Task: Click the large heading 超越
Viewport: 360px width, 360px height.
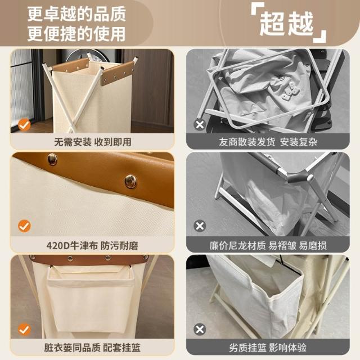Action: click(286, 24)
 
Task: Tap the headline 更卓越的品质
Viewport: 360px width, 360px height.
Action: click(76, 14)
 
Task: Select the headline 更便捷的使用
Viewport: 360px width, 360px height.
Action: click(76, 34)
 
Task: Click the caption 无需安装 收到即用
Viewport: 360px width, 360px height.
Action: click(93, 142)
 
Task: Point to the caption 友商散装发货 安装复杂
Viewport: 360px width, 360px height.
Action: click(268, 142)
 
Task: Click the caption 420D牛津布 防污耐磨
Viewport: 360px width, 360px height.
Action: click(92, 246)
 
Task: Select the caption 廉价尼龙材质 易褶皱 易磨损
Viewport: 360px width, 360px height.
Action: click(268, 246)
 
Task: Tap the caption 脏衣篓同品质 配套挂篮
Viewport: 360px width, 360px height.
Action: click(92, 348)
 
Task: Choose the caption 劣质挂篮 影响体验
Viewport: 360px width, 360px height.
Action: click(268, 348)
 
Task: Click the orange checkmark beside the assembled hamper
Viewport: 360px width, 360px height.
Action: click(24, 125)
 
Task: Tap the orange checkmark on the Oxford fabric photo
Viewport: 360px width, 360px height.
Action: click(24, 226)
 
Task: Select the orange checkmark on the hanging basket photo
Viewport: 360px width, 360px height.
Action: click(24, 330)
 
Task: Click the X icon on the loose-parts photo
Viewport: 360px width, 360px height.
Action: click(200, 125)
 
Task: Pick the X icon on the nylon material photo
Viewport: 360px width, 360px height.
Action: click(200, 226)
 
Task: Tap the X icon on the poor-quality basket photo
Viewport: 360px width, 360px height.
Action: click(200, 330)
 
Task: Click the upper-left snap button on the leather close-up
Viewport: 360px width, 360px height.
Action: click(52, 159)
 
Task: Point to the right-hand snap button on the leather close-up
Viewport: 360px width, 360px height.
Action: click(130, 181)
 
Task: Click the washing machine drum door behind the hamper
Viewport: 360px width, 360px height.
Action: click(90, 56)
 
